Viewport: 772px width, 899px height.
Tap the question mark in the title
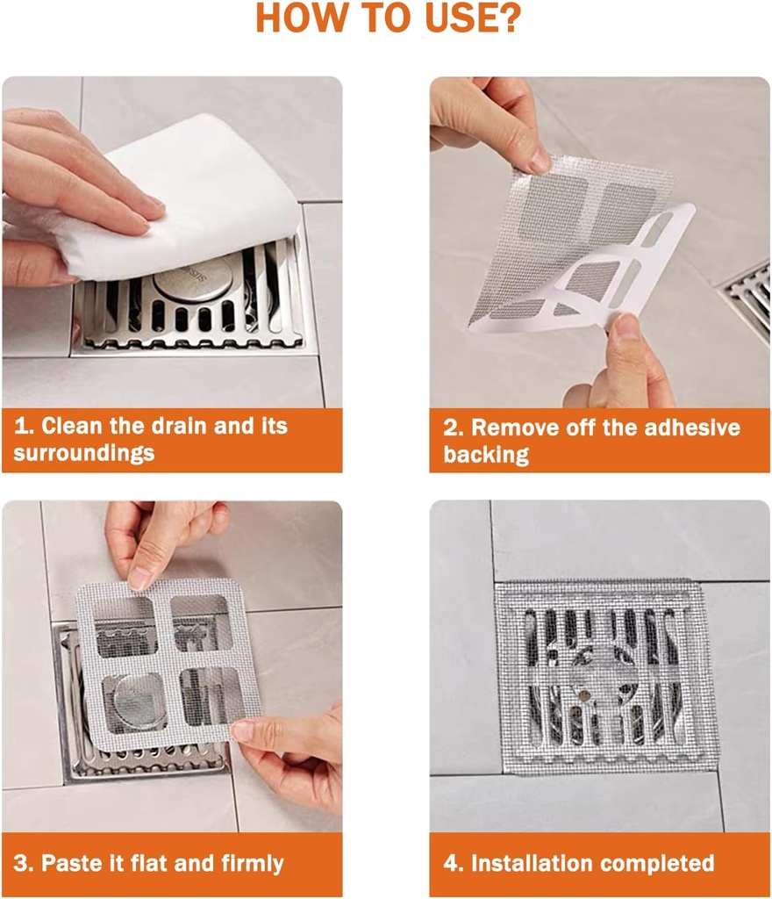[506, 18]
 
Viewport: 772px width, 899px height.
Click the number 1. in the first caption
[24, 427]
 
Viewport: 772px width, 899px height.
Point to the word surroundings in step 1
[84, 453]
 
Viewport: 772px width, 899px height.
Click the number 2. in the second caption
[454, 428]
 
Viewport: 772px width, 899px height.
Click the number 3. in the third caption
[24, 863]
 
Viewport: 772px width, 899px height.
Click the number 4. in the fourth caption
[454, 863]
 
